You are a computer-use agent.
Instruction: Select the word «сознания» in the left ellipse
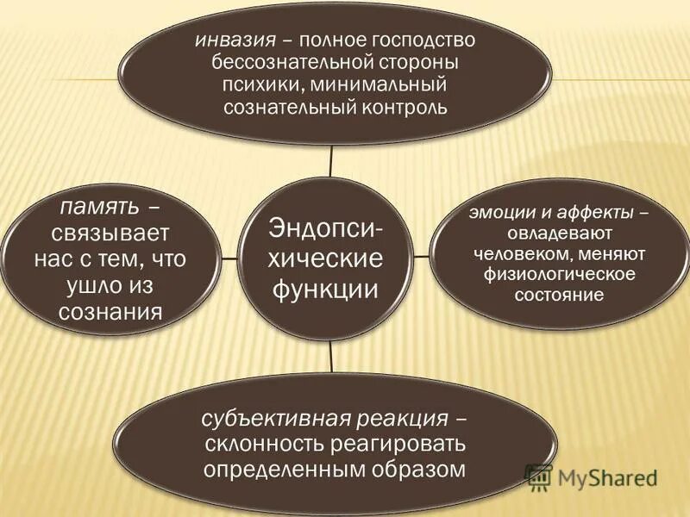(111, 311)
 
